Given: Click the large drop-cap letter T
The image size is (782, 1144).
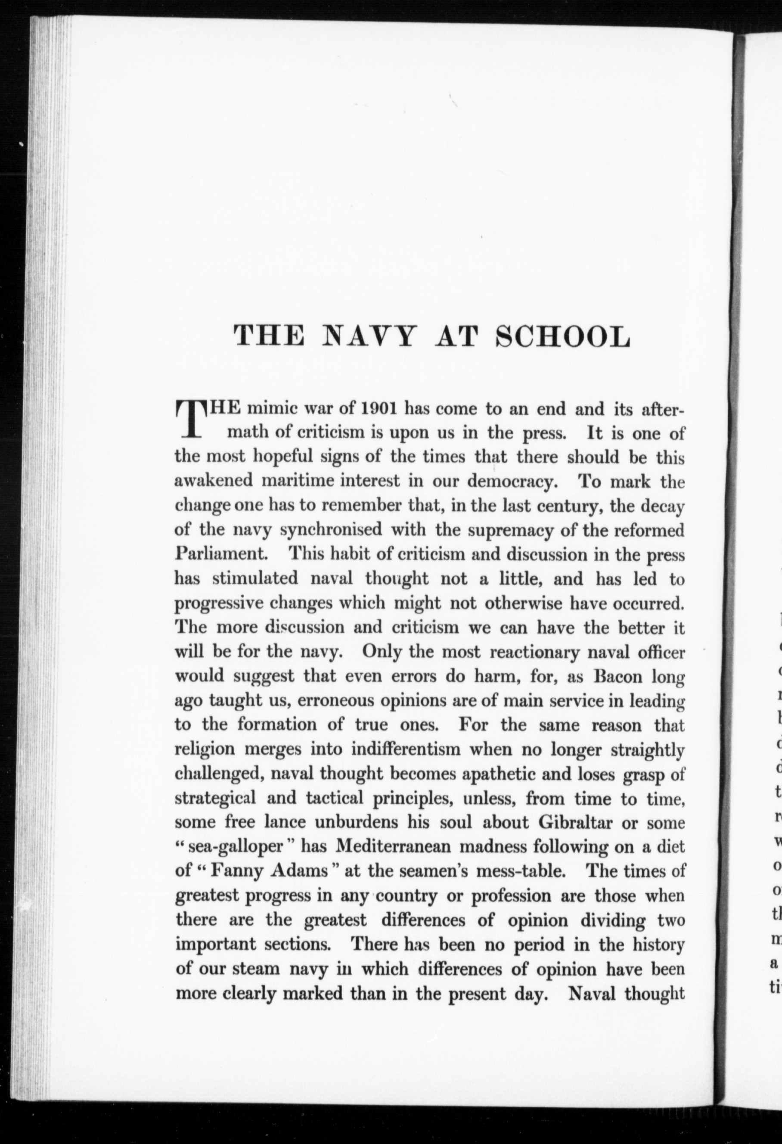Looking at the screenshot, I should coord(189,419).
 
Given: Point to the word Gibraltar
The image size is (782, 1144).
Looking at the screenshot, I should coord(577,823).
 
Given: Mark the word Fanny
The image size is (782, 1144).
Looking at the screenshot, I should coord(231,871).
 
